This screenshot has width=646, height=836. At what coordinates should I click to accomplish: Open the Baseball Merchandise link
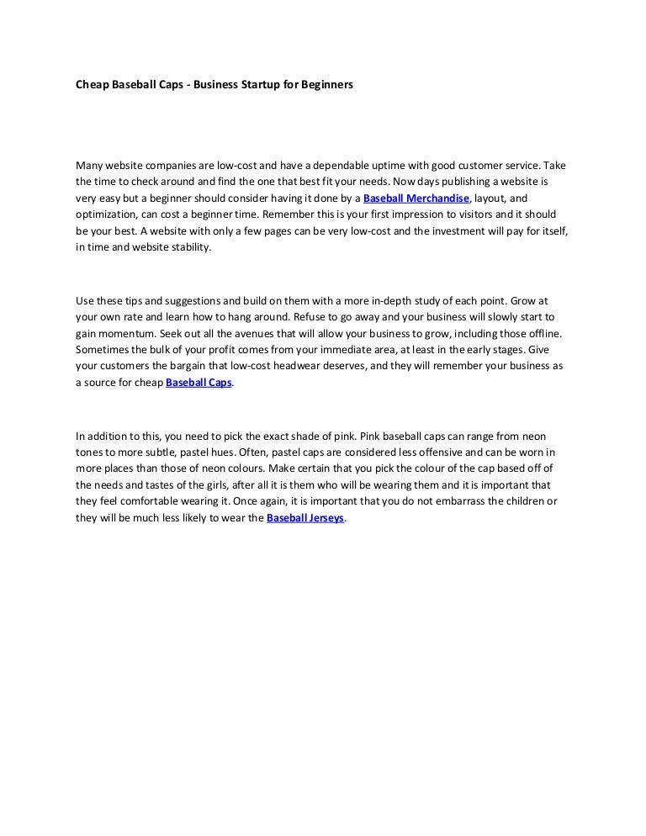pos(416,198)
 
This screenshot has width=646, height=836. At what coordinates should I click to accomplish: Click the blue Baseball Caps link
pos(199,383)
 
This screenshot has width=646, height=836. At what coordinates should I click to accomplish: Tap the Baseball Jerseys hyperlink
pos(305,519)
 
